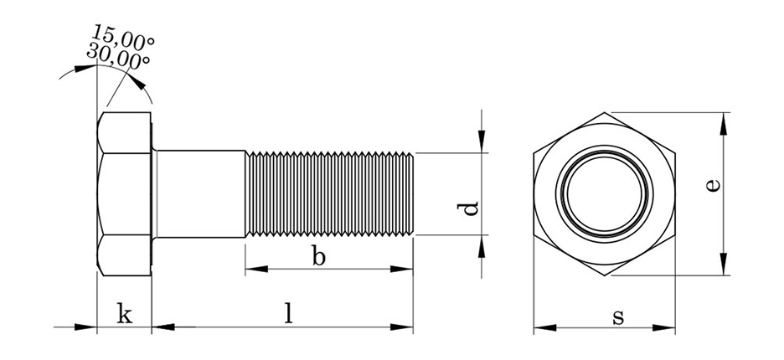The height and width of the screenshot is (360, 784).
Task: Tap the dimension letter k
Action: (125, 313)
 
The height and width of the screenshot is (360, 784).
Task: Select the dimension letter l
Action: (288, 313)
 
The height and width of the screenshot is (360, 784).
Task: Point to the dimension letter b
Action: (318, 256)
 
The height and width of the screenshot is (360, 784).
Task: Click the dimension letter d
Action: (468, 208)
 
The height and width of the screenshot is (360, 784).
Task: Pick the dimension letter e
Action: (713, 185)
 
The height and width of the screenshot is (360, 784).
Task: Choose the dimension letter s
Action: (618, 317)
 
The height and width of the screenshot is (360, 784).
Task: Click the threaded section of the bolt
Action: (329, 193)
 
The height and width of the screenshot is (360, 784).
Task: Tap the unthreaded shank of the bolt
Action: (200, 193)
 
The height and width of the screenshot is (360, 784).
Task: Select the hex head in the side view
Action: (124, 194)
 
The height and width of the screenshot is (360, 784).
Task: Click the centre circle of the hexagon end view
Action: (605, 193)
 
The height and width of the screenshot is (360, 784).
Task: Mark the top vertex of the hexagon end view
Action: (605, 112)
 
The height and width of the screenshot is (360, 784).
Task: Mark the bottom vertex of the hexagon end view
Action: (605, 275)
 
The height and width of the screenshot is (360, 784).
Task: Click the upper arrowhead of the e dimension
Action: (724, 124)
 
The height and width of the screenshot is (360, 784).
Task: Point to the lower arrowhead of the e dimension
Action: (724, 264)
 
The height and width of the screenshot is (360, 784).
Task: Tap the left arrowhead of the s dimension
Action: (545, 328)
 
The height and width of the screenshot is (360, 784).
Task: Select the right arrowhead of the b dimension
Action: (401, 269)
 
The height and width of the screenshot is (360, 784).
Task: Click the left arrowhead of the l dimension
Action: (163, 327)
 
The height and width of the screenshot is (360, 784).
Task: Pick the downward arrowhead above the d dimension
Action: (482, 141)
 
